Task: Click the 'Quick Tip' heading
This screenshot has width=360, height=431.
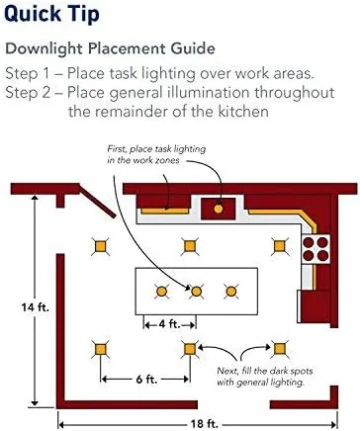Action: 51,15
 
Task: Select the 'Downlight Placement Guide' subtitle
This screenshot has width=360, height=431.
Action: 111,48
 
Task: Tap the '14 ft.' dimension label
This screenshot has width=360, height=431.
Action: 36,307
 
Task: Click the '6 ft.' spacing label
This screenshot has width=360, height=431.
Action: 146,380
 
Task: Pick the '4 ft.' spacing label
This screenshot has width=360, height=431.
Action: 169,324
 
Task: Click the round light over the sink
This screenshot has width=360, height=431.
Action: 219,209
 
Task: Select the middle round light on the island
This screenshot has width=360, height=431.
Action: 197,292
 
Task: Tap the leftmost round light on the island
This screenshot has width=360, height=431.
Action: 161,292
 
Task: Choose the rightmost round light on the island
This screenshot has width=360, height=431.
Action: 231,292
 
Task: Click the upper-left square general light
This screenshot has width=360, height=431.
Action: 100,246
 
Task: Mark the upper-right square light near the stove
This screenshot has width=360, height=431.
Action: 280,246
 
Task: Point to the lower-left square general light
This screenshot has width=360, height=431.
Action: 100,349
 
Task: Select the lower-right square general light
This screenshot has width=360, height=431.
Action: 280,348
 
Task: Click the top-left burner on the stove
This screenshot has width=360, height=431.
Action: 309,242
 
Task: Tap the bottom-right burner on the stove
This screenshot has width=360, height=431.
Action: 322,255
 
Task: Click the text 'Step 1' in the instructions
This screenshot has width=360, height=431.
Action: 27,73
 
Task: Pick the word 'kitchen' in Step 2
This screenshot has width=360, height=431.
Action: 243,112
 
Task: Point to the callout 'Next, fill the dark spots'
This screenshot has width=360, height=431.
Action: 265,371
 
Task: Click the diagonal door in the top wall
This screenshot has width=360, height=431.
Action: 98,201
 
